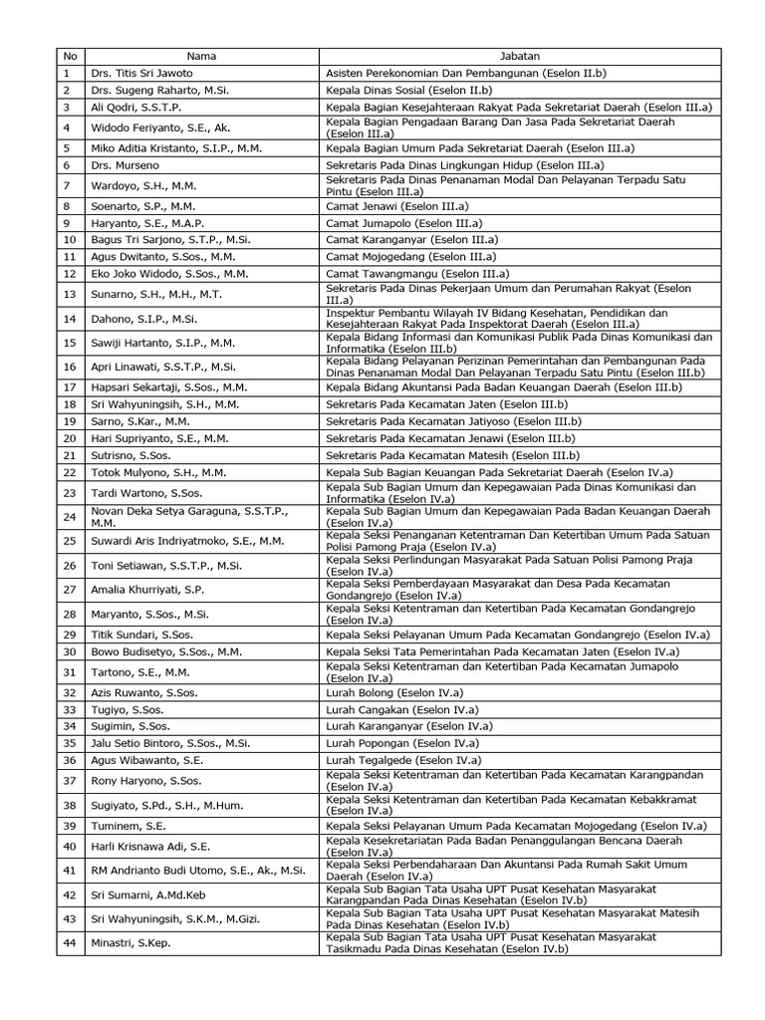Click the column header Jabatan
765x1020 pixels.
click(519, 57)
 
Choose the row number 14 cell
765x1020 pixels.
click(69, 319)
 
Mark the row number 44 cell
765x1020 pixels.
click(69, 942)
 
